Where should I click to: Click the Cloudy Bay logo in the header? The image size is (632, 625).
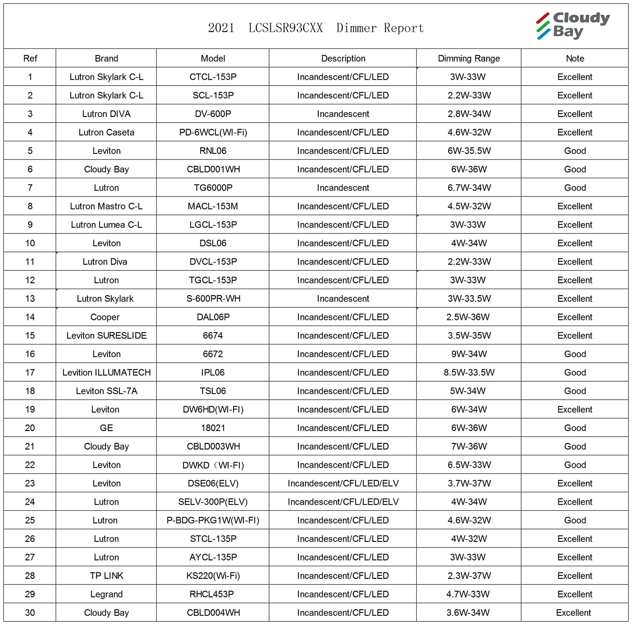573,25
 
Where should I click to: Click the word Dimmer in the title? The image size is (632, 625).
356,28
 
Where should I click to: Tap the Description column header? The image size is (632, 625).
343,58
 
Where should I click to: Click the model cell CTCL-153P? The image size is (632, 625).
213,77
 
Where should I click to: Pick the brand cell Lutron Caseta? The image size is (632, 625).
106,133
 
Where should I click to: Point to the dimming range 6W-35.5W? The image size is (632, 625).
469,151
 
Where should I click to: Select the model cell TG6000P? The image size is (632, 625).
213,188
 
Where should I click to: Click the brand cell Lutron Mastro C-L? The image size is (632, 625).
106,206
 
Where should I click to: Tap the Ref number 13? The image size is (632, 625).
30,299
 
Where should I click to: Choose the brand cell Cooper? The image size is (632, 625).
105,317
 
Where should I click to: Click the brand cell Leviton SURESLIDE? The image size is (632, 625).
106,335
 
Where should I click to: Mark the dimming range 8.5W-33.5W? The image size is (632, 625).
469,372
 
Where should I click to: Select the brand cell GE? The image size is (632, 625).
106,428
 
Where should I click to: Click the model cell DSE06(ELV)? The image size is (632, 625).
213,483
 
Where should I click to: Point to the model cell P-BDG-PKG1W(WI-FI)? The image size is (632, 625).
213,520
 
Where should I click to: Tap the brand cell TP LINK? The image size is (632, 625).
106,576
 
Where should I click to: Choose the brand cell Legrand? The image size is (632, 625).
106,594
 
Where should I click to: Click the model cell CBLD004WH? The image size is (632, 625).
213,613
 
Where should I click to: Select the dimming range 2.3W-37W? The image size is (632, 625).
469,576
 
